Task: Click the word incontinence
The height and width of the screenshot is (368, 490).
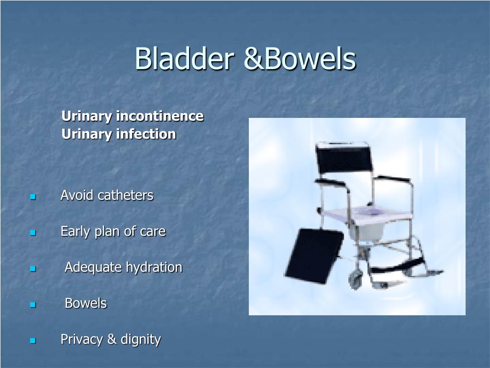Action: click(160, 116)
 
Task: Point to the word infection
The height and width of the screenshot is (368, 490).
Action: click(146, 134)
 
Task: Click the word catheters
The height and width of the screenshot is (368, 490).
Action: click(126, 195)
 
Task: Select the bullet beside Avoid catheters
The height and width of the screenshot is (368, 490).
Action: click(33, 197)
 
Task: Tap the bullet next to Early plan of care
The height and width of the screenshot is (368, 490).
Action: click(33, 233)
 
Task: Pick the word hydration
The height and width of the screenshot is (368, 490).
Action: click(154, 268)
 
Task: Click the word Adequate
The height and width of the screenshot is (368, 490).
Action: click(93, 268)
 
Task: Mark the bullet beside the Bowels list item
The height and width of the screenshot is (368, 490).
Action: click(33, 304)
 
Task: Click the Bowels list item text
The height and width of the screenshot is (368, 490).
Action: click(86, 303)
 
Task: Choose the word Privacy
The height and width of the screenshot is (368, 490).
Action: click(81, 340)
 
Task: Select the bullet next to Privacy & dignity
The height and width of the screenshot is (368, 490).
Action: click(33, 341)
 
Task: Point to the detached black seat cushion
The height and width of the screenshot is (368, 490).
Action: click(314, 256)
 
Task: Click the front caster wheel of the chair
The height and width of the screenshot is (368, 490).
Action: click(355, 279)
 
